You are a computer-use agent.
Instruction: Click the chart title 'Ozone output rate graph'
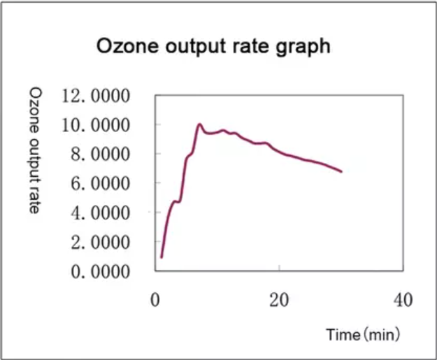213,48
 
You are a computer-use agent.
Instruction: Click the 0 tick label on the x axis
156,301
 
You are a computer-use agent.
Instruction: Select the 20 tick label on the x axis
279,301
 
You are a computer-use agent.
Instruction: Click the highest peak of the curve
199,124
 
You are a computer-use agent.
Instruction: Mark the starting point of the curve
162,257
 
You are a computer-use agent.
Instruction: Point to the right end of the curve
341,171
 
